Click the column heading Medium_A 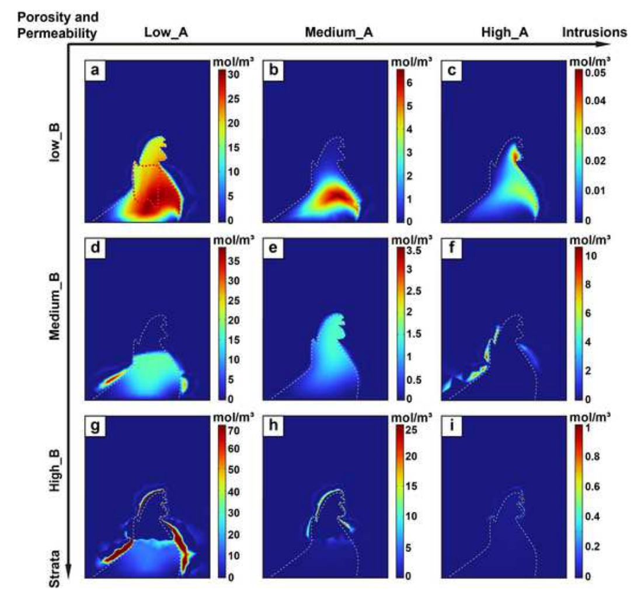pyautogui.click(x=339, y=33)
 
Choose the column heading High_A pyautogui.click(x=509, y=33)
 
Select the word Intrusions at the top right pyautogui.click(x=594, y=33)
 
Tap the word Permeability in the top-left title pyautogui.click(x=48, y=34)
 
